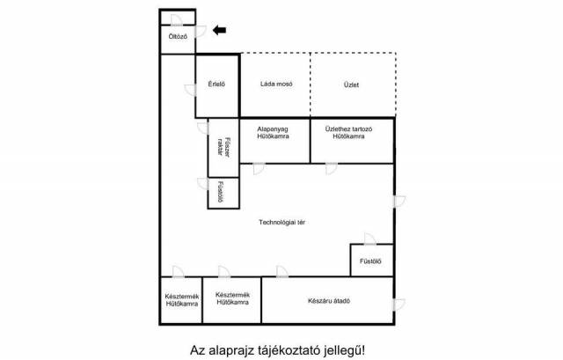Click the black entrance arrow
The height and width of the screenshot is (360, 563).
(x=219, y=30)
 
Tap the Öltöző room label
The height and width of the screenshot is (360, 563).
(x=178, y=37)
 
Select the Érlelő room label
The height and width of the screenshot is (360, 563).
(x=216, y=84)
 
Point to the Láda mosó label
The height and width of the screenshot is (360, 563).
(x=276, y=84)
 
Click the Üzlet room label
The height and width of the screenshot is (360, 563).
(x=351, y=84)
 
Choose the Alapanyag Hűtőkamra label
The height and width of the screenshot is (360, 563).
(x=273, y=133)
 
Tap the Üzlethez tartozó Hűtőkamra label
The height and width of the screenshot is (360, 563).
(x=348, y=133)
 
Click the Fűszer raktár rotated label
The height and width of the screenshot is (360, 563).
(x=223, y=147)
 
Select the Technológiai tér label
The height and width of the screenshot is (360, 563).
(x=281, y=223)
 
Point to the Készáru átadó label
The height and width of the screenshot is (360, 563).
(x=329, y=301)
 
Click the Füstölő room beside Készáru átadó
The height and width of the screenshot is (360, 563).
(x=372, y=261)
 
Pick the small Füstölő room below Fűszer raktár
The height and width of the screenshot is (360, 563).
(x=223, y=193)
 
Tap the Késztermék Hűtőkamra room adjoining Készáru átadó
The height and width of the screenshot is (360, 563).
(x=232, y=300)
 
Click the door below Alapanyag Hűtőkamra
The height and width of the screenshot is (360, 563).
(x=259, y=169)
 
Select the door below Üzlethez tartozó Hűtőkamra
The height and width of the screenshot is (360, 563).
(x=331, y=169)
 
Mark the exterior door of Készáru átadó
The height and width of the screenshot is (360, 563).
(x=399, y=305)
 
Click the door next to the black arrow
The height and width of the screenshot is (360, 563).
(x=201, y=32)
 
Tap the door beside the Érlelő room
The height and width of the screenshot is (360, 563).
(x=190, y=90)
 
